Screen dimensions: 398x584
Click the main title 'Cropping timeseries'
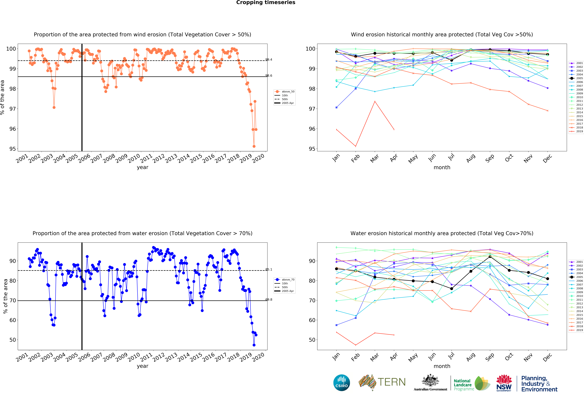point(266,2)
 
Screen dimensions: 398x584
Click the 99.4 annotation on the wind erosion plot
point(269,60)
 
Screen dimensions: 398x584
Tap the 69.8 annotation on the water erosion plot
point(269,299)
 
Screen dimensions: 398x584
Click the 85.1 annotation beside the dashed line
point(269,269)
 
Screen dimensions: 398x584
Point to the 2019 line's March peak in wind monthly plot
point(375,102)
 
